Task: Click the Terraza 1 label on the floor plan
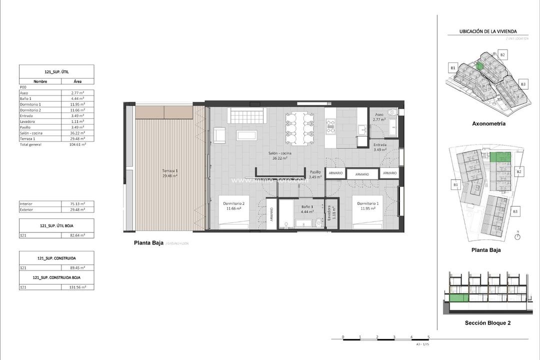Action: [170, 170]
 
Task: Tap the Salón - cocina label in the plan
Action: [279, 153]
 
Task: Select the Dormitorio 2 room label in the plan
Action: [233, 204]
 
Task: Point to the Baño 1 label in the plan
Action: [307, 206]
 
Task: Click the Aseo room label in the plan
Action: [379, 114]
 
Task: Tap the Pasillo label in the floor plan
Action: [315, 171]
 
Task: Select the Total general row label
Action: [30, 144]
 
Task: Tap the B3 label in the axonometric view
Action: [523, 84]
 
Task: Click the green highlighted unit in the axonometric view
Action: [479, 65]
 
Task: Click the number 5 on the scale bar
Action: [428, 337]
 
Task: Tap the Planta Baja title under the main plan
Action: [148, 243]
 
